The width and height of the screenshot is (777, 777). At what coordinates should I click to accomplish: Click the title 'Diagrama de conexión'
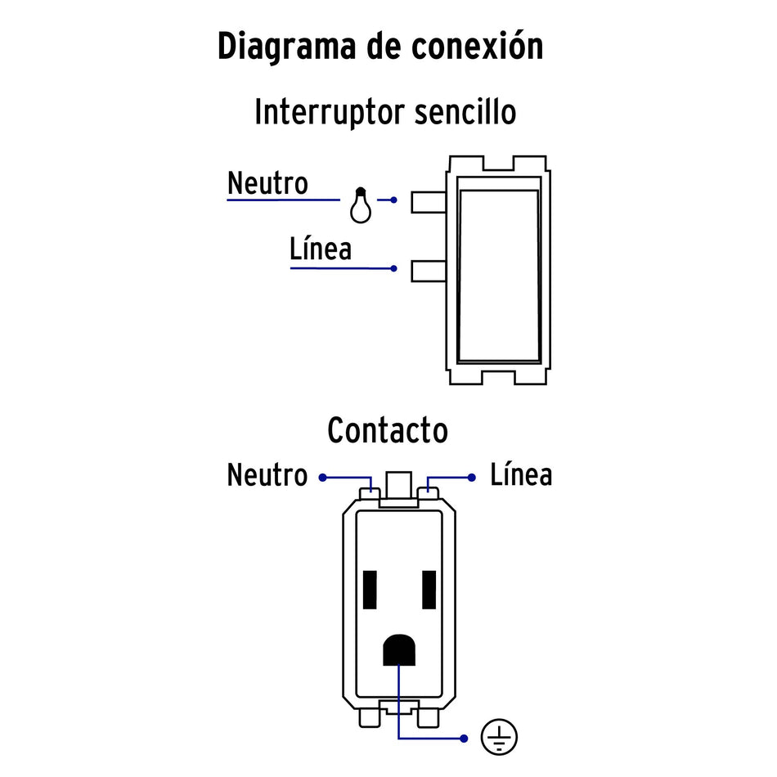[x=380, y=47]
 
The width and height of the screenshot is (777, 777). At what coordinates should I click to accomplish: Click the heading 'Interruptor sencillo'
[x=385, y=112]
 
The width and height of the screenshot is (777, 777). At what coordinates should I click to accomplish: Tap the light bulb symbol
[x=360, y=206]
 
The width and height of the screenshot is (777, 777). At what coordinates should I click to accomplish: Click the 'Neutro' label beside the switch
[x=267, y=183]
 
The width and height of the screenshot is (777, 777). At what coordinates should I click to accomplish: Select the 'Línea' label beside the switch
[x=320, y=249]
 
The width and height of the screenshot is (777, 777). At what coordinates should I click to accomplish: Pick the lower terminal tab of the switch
[x=429, y=271]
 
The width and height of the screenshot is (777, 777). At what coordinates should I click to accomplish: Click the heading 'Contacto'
[x=387, y=430]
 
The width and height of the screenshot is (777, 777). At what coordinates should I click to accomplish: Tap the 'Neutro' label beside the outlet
[x=267, y=474]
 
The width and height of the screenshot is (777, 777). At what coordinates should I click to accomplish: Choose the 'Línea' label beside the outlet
[x=521, y=474]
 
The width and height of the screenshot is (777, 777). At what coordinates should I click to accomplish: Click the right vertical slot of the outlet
[x=429, y=589]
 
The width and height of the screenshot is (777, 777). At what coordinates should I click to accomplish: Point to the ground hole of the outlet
[x=399, y=651]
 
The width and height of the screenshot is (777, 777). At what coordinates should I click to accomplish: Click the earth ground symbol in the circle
[x=498, y=738]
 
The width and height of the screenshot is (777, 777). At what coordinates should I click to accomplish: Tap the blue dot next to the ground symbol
[x=464, y=739]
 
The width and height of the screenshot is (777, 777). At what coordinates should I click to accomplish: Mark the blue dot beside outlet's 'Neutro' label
[x=322, y=477]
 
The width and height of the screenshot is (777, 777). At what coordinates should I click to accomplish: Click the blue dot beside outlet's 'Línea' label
[x=471, y=477]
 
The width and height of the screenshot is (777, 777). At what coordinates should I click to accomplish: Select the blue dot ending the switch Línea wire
[x=394, y=268]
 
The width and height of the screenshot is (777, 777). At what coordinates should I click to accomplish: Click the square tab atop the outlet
[x=399, y=486]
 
